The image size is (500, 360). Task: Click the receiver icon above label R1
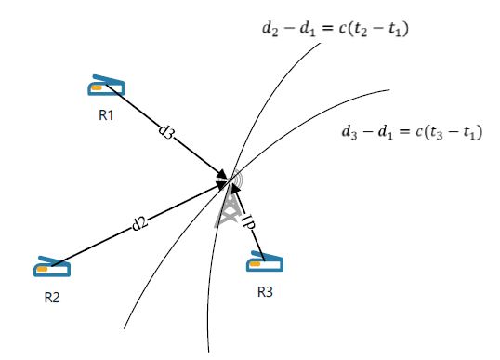coord(106,86)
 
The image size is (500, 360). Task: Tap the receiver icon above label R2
coord(52,266)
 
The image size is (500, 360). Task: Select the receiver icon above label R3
coord(265,261)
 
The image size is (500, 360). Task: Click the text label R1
coord(106,115)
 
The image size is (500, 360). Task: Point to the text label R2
coord(52,298)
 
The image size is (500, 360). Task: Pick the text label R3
coord(265,292)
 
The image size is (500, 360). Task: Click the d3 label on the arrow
coord(166,131)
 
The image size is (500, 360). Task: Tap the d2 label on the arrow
coord(140,222)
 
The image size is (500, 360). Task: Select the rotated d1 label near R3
coord(248,221)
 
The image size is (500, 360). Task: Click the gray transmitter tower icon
coord(229,201)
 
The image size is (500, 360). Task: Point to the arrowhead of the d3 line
coord(222,176)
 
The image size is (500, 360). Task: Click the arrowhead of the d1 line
coord(235,189)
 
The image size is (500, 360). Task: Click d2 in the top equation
coord(270,29)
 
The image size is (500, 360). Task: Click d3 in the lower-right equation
coord(349,132)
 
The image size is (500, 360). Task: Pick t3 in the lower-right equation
coord(436,132)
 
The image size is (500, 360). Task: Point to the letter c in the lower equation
coord(419,132)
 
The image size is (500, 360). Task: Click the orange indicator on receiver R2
coord(42,269)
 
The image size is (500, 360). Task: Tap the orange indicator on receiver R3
coord(255,264)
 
